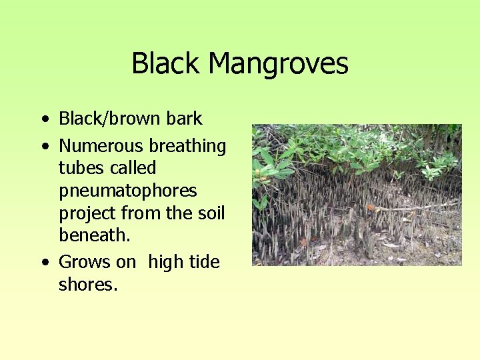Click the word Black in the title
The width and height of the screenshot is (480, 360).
click(166, 64)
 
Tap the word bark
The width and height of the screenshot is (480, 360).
click(185, 119)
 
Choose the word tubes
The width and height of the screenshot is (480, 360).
click(80, 167)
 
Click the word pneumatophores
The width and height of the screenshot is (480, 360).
click(128, 191)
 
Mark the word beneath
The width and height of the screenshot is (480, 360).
click(92, 235)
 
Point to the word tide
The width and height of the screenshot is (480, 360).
click(205, 262)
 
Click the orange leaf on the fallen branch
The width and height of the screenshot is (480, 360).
click(371, 207)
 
